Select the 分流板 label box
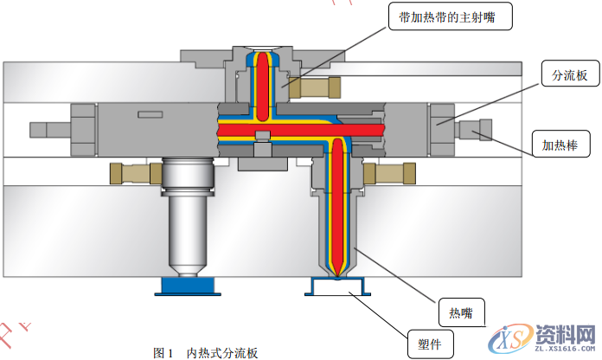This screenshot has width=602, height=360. click(564, 76)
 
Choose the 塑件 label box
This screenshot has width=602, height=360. click(430, 344)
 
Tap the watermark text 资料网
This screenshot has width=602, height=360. click(563, 335)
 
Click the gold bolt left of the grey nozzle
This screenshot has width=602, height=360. click(131, 173)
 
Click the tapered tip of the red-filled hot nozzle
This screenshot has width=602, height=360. click(338, 263)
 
